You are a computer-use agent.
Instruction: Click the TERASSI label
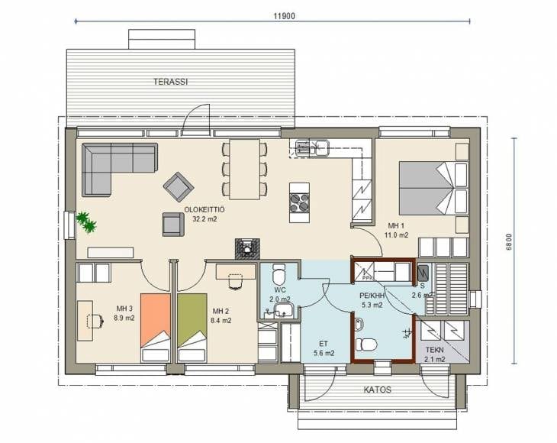point(170,82)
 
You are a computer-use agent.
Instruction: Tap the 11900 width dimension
point(284,16)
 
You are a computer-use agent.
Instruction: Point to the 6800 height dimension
point(509,242)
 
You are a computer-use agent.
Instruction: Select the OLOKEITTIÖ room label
point(204,210)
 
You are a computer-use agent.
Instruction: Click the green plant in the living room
point(86,222)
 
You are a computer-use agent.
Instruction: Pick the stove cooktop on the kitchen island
point(299,202)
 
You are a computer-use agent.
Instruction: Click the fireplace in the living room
point(247,248)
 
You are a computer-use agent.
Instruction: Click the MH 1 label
point(396,225)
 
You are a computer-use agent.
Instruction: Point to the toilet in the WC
point(278,273)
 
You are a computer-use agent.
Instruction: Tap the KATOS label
point(377,390)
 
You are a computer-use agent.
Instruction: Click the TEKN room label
point(434,350)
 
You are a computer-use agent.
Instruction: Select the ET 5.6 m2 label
point(324,348)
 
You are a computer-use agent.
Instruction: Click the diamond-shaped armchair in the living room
point(179,186)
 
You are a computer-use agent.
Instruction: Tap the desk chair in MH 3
point(95,321)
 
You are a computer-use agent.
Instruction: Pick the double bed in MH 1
point(433,189)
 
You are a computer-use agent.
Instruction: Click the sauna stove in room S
point(423,273)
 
